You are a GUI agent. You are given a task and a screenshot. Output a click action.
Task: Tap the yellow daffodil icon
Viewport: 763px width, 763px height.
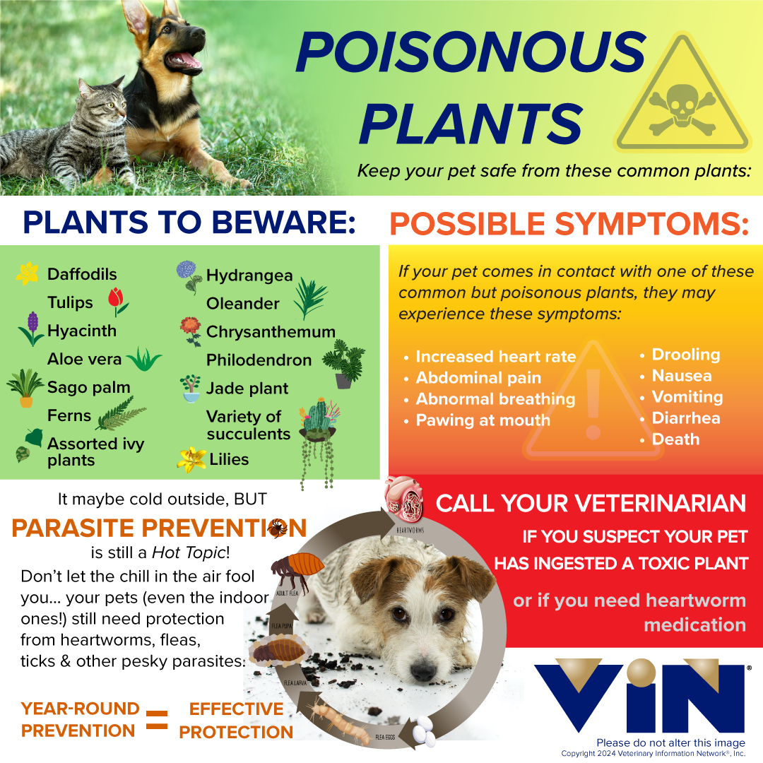click(x=28, y=273)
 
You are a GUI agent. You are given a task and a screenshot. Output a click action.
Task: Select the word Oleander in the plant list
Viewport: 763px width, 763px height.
click(x=243, y=304)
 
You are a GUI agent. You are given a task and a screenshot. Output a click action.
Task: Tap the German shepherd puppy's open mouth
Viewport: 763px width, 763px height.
click(x=183, y=61)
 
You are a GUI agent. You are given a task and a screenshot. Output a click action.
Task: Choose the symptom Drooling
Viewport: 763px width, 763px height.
click(x=685, y=355)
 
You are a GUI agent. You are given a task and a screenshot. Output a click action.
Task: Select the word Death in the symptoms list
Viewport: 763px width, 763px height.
click(x=675, y=439)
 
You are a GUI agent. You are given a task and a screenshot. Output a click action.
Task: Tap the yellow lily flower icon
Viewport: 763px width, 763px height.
click(x=191, y=460)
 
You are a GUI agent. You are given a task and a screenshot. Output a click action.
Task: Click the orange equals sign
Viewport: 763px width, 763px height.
click(x=157, y=720)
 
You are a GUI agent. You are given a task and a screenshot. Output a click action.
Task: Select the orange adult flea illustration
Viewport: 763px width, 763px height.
click(x=297, y=572)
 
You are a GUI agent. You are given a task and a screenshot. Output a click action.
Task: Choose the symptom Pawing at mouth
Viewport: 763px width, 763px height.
click(x=483, y=420)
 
